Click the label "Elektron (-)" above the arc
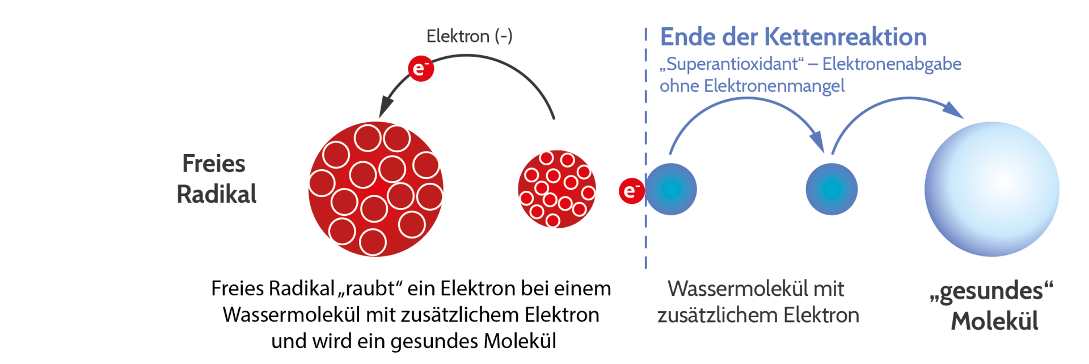pyautogui.click(x=469, y=36)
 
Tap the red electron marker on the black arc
pyautogui.click(x=420, y=69)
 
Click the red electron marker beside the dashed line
pyautogui.click(x=631, y=190)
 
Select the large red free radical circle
pyautogui.click(x=375, y=189)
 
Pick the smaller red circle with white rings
pyautogui.click(x=556, y=189)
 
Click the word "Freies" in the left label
pyautogui.click(x=214, y=164)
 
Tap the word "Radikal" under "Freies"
pyautogui.click(x=217, y=194)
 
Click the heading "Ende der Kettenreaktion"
pyautogui.click(x=793, y=37)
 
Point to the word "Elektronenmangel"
pyautogui.click(x=774, y=86)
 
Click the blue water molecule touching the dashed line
pyautogui.click(x=672, y=190)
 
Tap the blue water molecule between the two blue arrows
pyautogui.click(x=831, y=190)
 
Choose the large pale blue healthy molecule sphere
pyautogui.click(x=991, y=189)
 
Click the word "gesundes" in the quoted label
pyautogui.click(x=991, y=291)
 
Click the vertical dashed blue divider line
pyautogui.click(x=645, y=114)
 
